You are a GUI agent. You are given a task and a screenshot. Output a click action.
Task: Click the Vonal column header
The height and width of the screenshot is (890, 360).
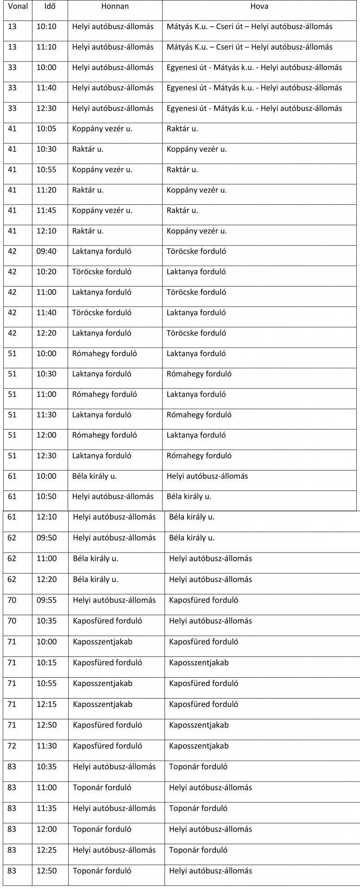tap(18, 6)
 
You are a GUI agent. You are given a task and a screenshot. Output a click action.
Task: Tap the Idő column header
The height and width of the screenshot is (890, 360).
tap(50, 6)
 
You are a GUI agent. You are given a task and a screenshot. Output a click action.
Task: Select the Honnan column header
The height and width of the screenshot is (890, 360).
tap(115, 6)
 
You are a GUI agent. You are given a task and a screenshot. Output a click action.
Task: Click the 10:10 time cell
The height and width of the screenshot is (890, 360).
tap(46, 26)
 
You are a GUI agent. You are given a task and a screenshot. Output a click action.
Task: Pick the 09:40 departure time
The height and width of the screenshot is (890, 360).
tap(46, 251)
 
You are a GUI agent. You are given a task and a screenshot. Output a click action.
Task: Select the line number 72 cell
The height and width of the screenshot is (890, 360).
tap(12, 746)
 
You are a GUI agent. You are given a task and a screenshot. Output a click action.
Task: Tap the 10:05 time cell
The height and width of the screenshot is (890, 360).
tap(46, 128)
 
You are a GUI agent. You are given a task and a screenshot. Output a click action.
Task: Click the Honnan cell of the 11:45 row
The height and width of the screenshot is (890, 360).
tap(102, 210)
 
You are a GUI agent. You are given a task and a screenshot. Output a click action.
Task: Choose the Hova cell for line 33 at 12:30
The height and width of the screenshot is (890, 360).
tap(254, 108)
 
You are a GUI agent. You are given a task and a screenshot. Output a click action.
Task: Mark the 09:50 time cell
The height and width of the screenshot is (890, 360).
tap(46, 538)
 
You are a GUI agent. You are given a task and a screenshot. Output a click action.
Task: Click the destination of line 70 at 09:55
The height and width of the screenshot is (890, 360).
tap(203, 600)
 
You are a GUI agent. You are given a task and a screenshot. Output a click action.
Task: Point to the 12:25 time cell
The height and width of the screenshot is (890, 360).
tap(46, 850)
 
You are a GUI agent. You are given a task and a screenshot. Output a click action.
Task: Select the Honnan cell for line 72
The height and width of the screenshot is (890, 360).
tap(107, 746)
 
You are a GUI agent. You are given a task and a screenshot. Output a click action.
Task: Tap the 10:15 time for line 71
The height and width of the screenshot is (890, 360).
tap(46, 662)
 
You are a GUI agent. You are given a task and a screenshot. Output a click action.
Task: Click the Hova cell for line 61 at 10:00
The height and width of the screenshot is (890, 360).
tap(207, 476)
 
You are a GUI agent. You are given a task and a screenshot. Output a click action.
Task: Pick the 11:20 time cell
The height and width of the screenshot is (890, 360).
tap(46, 190)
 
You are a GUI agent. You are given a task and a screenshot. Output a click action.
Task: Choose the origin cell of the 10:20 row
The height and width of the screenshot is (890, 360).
tap(102, 272)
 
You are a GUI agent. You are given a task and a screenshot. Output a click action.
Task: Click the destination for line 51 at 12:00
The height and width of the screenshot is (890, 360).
tap(196, 435)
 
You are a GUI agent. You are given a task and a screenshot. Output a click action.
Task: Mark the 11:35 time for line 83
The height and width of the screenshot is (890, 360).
tap(46, 808)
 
